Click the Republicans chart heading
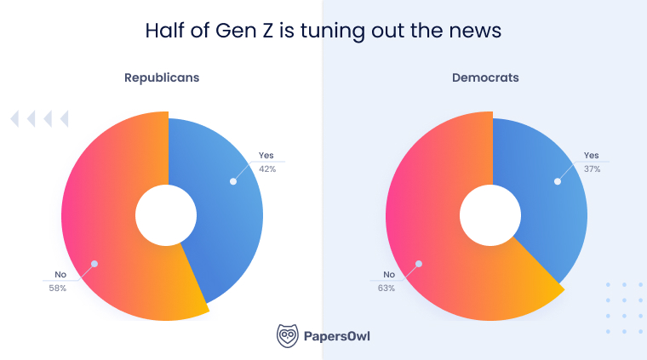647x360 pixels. coord(162,77)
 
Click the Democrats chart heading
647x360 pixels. coord(485,77)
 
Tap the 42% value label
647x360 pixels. coord(267,169)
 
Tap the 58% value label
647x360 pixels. coord(58,288)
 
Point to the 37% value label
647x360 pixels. coord(593,169)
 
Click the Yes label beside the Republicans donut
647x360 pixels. coord(266,156)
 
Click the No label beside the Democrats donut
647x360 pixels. coord(389,274)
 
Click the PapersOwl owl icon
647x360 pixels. coord(287,335)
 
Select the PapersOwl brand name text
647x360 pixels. coord(337,336)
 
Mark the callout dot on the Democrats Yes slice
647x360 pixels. coord(557,180)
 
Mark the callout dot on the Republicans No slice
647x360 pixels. coord(94,264)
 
